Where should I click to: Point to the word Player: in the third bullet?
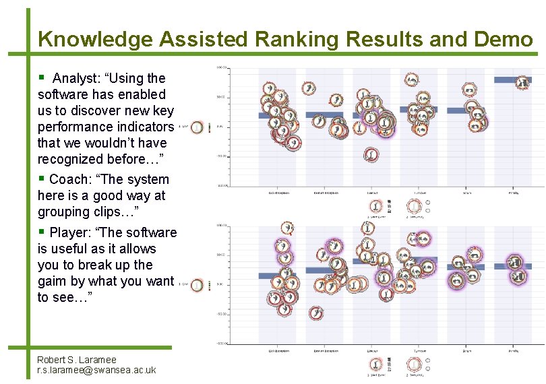(75, 233)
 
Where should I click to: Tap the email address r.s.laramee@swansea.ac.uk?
(96, 370)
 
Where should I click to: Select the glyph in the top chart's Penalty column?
(522, 83)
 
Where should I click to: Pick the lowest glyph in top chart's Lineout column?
(371, 156)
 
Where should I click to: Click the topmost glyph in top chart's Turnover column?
(411, 82)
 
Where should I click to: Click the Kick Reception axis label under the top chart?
(279, 193)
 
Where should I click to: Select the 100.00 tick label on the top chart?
(221, 67)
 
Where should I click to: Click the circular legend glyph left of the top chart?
(197, 127)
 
